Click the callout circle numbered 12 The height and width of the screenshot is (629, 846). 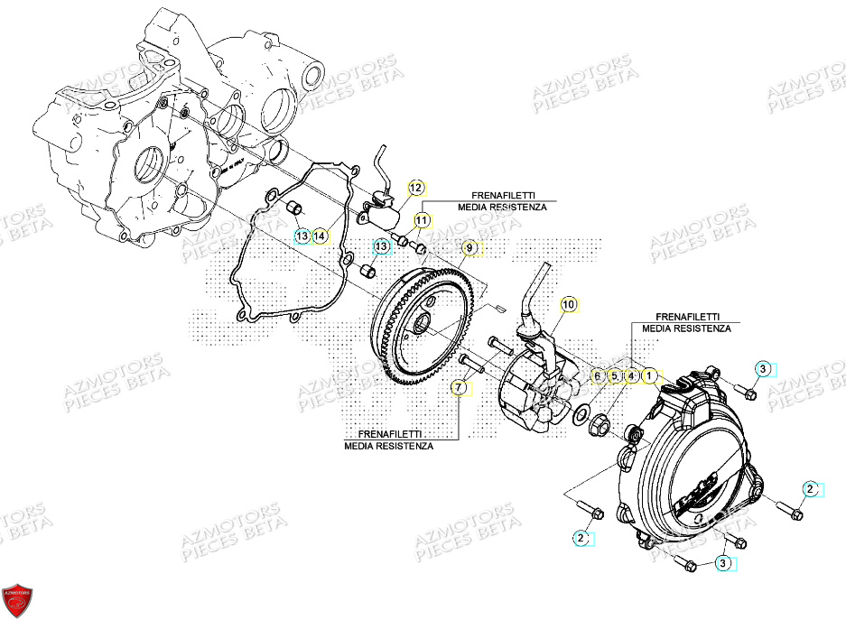(415, 188)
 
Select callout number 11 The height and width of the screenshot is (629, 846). (423, 219)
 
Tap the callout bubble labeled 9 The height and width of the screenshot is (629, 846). (469, 247)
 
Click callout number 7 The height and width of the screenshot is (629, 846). (458, 388)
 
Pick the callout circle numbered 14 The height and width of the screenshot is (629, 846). (320, 236)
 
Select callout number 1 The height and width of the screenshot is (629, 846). (648, 375)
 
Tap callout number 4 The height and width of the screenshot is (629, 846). (631, 375)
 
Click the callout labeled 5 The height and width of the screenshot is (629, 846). (614, 375)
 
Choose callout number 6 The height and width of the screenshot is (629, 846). (597, 375)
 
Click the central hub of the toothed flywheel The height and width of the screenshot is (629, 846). (419, 322)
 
